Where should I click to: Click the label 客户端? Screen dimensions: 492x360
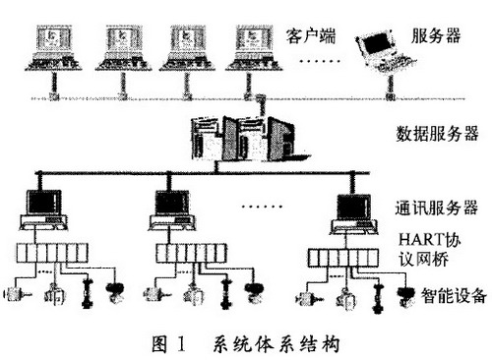click(311, 36)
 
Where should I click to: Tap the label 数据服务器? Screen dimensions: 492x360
click(437, 134)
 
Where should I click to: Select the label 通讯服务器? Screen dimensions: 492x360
click(437, 208)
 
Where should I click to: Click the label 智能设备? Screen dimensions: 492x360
click(454, 295)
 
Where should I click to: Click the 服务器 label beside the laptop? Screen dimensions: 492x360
click(436, 35)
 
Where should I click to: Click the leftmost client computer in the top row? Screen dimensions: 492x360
click(54, 47)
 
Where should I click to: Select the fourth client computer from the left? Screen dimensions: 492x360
click(254, 47)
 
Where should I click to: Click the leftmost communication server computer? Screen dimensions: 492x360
click(44, 210)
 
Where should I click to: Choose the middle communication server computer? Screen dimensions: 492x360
click(172, 210)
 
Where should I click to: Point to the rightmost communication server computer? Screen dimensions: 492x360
click(353, 213)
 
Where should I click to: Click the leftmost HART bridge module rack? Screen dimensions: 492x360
click(52, 253)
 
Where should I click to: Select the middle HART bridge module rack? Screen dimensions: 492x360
click(191, 253)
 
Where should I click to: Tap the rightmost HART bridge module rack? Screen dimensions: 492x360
click(343, 258)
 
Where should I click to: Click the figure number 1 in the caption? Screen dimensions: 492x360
click(181, 344)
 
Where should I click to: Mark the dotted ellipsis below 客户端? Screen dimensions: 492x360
click(320, 61)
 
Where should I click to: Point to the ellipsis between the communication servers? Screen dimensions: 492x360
click(262, 207)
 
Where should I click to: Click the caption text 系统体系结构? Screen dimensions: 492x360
click(277, 344)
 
